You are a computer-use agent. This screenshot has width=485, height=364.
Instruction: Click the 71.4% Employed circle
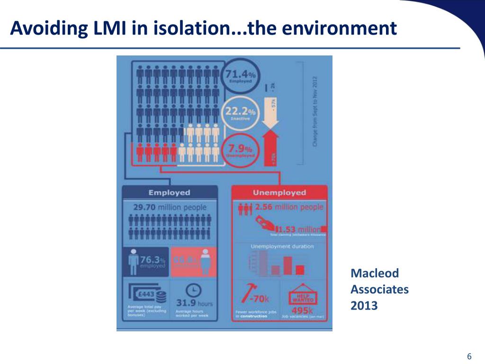pyautogui.click(x=241, y=76)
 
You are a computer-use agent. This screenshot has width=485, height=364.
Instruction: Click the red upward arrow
pyautogui.click(x=273, y=149)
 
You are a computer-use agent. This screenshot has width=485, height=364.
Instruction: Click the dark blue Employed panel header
pyautogui.click(x=169, y=192)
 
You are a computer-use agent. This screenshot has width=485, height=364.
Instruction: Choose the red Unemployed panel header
pyautogui.click(x=279, y=192)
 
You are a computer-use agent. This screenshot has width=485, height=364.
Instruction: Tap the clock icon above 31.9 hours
pyautogui.click(x=194, y=290)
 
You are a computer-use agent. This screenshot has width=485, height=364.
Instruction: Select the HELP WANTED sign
pyautogui.click(x=302, y=296)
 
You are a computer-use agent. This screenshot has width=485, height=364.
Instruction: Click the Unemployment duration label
pyautogui.click(x=282, y=246)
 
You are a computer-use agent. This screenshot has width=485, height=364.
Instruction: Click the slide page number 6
pyautogui.click(x=469, y=356)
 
